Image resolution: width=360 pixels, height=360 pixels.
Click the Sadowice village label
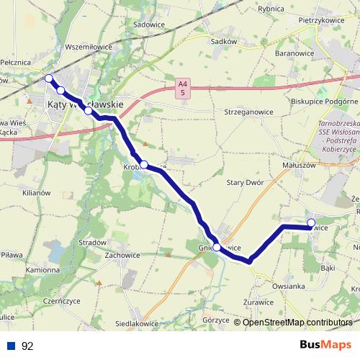click(150, 24)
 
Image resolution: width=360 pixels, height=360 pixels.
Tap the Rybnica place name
click(271, 9)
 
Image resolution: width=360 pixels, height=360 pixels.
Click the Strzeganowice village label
click(239, 112)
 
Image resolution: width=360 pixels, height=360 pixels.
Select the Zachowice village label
click(122, 255)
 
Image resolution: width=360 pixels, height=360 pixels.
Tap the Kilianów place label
click(35, 194)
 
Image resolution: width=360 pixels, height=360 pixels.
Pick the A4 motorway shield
click(184, 89)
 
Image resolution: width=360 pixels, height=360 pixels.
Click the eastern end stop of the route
click(311, 222)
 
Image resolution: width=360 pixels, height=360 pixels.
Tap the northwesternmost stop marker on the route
click(48, 78)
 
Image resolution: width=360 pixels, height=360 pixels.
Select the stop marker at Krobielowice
click(144, 164)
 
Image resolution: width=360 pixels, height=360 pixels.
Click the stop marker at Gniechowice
click(217, 246)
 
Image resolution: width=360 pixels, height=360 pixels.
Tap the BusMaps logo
click(320, 346)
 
